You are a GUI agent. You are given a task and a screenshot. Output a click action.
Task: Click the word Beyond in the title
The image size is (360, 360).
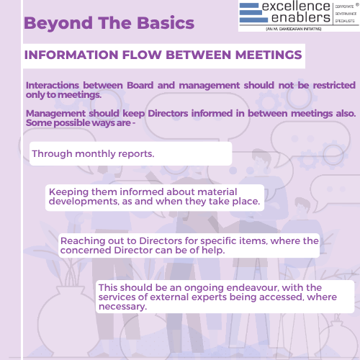pos(58,24)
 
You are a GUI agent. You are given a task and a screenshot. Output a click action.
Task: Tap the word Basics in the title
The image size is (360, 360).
pos(166,23)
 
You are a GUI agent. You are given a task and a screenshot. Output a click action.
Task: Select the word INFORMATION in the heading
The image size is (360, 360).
pos(71,55)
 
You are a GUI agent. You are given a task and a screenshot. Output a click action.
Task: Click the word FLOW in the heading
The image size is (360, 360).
pos(142,55)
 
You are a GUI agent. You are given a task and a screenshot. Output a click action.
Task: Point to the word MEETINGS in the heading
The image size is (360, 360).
pos(269,55)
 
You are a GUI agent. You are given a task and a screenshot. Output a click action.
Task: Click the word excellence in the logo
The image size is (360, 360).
pos(296,6)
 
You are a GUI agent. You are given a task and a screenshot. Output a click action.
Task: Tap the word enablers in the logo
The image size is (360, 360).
pos(301,17)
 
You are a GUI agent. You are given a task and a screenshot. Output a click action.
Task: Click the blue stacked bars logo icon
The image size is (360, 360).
pos(253,13)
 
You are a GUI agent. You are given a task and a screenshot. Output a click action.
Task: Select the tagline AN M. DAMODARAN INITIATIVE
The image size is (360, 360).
pos(294,29)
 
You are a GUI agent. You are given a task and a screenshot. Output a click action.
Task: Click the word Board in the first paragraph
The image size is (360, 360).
pos(140,85)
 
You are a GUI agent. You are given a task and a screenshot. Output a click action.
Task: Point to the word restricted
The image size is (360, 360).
pos(334,85)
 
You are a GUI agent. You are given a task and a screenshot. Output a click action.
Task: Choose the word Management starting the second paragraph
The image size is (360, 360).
pos(55,114)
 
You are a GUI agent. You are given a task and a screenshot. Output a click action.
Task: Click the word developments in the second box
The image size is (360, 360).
pos(84,202)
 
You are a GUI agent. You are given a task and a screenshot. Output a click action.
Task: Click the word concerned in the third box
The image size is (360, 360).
pos(86,251)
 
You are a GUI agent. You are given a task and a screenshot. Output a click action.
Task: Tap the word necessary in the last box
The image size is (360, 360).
pos(122,307)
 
